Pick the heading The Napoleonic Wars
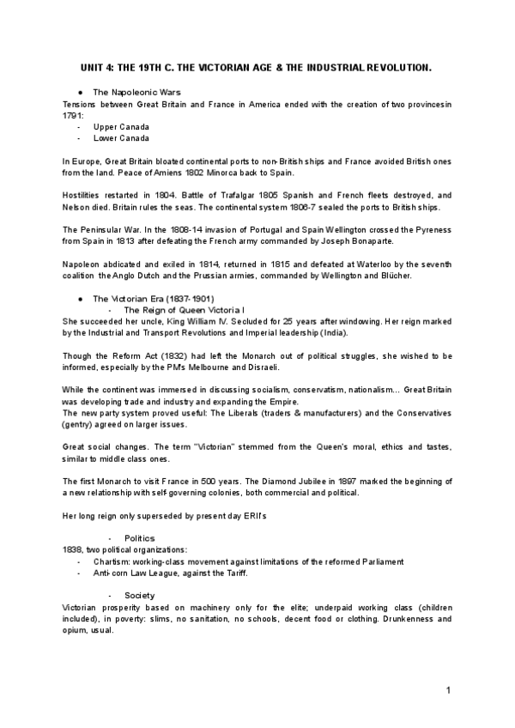tap(136, 91)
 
